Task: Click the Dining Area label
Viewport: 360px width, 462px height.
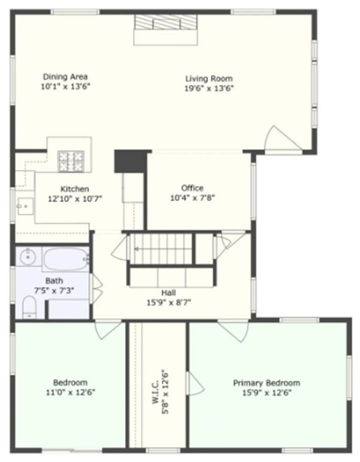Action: tap(65, 76)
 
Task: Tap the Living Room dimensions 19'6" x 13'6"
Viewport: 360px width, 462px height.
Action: tap(209, 88)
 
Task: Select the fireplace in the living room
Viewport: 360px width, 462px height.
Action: tap(167, 23)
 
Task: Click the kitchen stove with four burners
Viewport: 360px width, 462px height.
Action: tap(71, 161)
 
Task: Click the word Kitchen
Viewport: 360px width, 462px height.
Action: tap(75, 189)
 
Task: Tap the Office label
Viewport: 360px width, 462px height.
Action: tap(192, 188)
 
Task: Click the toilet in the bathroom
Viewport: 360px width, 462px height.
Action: tap(29, 306)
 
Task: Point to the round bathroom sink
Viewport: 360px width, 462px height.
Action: tap(27, 258)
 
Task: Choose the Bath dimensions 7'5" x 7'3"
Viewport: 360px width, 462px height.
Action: tap(54, 290)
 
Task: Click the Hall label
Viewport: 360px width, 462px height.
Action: tap(168, 292)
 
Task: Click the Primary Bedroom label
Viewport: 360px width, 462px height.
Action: tap(266, 383)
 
